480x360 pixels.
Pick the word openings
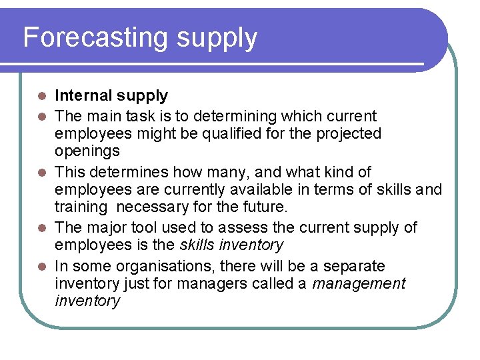[x=87, y=151]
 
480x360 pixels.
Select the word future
[x=265, y=207]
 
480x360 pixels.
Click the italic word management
[x=359, y=284]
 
